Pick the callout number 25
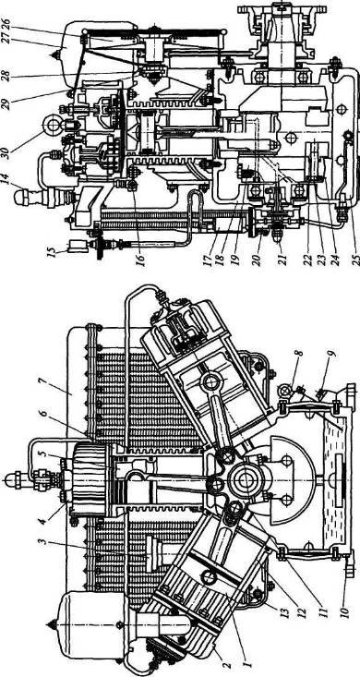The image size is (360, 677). pyautogui.click(x=354, y=260)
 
